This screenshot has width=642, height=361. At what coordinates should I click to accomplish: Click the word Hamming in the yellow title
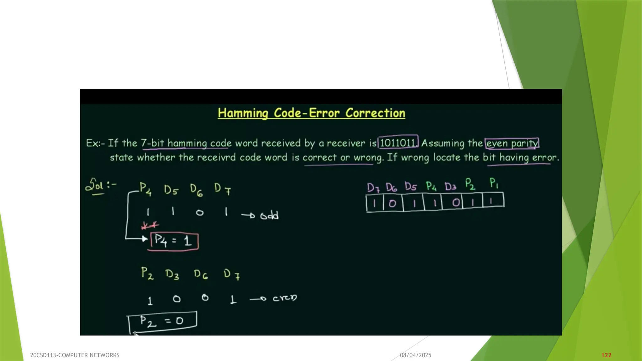point(243,113)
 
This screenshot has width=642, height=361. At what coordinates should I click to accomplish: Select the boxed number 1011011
point(398,143)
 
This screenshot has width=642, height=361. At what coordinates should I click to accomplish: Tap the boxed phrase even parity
point(512,143)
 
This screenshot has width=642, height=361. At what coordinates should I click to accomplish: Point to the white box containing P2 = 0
point(162,321)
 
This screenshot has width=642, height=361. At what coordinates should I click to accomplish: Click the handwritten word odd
point(269,216)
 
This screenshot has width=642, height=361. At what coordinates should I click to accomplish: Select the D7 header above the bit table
point(373,187)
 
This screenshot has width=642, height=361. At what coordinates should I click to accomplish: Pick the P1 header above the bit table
point(494,183)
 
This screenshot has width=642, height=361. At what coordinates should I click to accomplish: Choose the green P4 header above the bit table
point(431,186)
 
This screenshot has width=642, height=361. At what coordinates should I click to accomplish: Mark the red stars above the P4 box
point(150,225)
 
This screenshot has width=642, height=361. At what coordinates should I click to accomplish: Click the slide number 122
point(606,355)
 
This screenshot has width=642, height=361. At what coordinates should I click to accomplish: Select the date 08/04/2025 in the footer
point(415,355)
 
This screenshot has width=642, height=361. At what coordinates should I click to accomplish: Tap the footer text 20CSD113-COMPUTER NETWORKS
point(75,355)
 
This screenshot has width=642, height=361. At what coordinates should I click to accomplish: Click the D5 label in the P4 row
point(171,190)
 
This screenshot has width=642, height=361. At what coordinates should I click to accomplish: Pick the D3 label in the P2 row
point(172,275)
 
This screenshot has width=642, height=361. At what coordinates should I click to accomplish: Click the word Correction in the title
point(375,113)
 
